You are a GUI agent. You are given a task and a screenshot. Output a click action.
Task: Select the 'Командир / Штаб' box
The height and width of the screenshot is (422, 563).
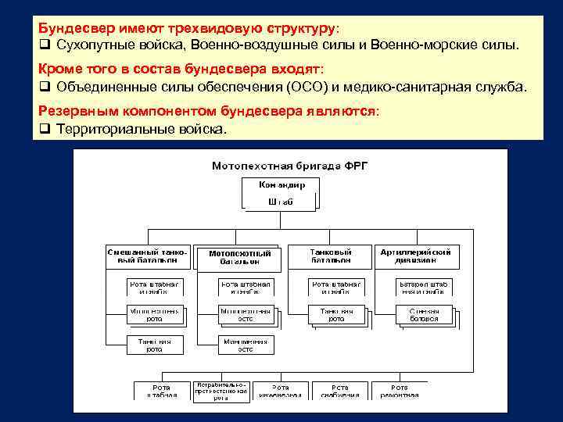coord(281,193)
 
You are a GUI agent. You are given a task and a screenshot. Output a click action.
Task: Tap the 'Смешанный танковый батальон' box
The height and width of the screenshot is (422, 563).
coord(148,256)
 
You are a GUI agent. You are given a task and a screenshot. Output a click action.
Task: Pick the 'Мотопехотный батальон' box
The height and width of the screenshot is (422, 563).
coord(239,257)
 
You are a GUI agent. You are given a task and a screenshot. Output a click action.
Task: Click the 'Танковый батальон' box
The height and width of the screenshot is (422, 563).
coord(330,256)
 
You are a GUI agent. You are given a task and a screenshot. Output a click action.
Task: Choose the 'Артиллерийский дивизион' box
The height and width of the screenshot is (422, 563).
coord(415,256)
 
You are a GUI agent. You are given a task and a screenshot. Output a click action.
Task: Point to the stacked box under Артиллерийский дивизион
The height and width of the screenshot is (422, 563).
coord(422,315)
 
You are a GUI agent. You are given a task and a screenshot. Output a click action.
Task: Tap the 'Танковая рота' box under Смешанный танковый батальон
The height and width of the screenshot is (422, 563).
coord(155,345)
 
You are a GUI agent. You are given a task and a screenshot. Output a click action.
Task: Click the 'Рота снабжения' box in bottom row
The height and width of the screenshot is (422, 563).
coord(340,391)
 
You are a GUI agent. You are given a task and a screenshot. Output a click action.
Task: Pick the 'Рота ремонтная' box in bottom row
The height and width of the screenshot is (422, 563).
coord(399,391)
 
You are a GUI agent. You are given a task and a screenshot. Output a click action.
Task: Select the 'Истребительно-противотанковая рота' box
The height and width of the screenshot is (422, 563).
coord(222,391)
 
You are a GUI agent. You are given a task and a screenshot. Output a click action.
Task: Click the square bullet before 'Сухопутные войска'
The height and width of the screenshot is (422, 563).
coord(45,45)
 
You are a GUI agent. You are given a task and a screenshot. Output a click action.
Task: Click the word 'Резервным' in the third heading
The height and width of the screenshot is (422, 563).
coord(81,111)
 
